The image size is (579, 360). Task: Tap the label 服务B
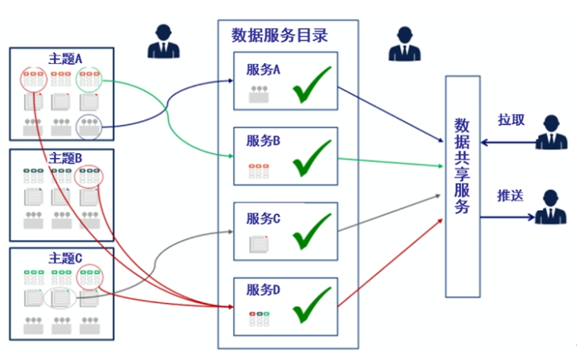(264, 141)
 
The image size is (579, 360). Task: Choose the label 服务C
(264, 219)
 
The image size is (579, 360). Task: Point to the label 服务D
(264, 289)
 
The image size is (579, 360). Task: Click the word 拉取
(511, 120)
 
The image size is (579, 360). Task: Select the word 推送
(511, 195)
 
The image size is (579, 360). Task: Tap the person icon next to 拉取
(551, 132)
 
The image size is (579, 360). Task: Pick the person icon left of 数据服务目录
(164, 41)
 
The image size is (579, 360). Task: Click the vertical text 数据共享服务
(462, 166)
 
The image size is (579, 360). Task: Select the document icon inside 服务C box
(259, 244)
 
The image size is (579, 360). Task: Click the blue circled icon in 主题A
(89, 126)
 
